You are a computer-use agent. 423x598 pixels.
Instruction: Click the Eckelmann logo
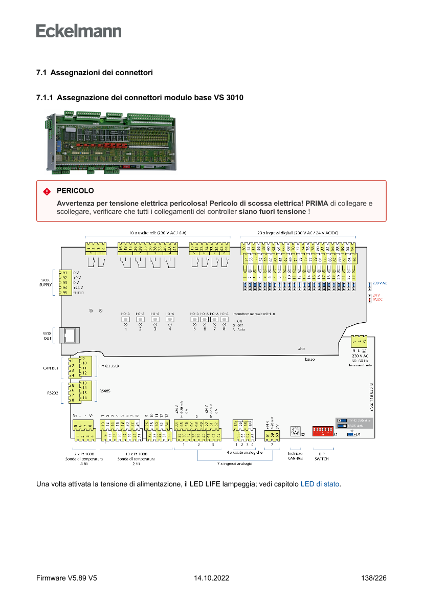[x=79, y=31]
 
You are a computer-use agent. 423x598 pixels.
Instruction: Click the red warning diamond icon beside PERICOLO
[x=47, y=191]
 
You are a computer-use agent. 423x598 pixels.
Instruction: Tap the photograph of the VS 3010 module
[x=111, y=143]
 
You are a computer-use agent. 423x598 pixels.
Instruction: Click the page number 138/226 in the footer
[x=373, y=579]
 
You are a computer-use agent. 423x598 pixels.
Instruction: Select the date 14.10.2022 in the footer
[x=211, y=579]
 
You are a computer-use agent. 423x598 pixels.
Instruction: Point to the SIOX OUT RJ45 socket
[x=68, y=335]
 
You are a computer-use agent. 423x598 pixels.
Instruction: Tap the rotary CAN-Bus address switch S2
[x=295, y=432]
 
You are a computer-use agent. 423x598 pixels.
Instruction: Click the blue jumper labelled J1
[x=352, y=434]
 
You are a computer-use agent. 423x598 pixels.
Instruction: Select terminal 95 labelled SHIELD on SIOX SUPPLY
[x=64, y=293]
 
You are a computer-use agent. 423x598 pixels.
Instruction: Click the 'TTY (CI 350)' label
[x=108, y=366]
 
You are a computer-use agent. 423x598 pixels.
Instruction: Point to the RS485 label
[x=105, y=391]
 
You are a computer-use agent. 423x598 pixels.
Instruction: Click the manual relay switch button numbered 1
[x=125, y=319]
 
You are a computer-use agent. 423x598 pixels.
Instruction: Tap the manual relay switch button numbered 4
[x=169, y=319]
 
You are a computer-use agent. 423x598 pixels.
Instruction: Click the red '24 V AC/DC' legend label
[x=377, y=297]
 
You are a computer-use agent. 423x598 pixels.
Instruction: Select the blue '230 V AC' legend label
[x=380, y=283]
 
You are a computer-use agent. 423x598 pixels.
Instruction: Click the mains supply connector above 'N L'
[x=360, y=341]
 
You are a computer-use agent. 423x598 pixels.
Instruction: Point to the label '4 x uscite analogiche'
[x=245, y=453]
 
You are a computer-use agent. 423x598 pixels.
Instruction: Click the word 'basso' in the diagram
[x=309, y=360]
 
